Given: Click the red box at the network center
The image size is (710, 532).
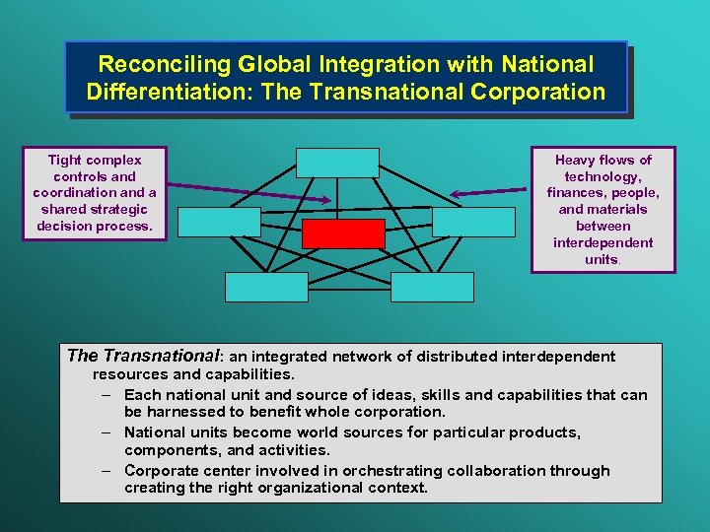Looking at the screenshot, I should (x=343, y=233).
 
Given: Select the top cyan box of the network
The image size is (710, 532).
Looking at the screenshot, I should (x=337, y=163).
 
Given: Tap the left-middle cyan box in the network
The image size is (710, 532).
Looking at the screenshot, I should (x=219, y=222).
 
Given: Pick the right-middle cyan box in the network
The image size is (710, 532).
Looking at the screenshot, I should (x=473, y=222).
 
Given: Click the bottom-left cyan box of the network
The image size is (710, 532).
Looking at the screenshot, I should (x=266, y=287).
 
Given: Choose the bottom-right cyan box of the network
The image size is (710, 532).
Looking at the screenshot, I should (x=432, y=287).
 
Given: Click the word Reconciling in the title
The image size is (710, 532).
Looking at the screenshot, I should (x=157, y=65).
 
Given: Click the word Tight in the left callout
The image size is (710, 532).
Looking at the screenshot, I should (x=66, y=160).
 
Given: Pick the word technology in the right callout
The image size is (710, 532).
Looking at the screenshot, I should (x=603, y=176).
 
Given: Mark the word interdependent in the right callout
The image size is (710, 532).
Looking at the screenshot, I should (x=603, y=242).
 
